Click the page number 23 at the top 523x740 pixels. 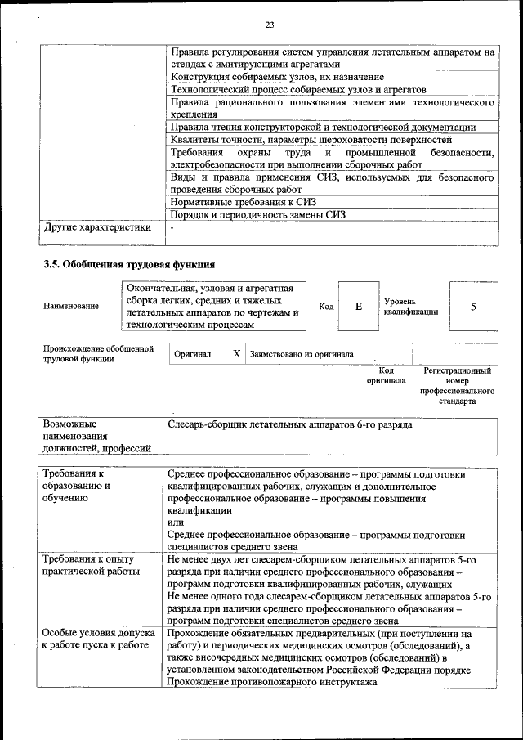(x=269, y=23)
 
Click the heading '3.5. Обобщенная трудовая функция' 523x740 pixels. (x=128, y=264)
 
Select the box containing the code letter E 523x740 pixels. (x=358, y=306)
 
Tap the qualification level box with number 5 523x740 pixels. (x=473, y=306)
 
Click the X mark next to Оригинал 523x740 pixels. (x=236, y=354)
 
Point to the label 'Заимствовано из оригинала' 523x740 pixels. (x=302, y=355)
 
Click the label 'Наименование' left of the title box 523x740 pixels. (x=71, y=307)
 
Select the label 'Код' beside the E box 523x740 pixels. (x=326, y=307)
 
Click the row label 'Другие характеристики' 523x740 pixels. (x=97, y=227)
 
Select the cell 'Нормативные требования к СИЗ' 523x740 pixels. (x=242, y=201)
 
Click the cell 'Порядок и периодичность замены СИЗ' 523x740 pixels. (x=257, y=214)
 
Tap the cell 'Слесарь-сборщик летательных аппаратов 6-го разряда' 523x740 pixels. (x=289, y=425)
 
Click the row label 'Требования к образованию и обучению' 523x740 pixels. (x=85, y=486)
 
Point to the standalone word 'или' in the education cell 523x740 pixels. (x=174, y=522)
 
